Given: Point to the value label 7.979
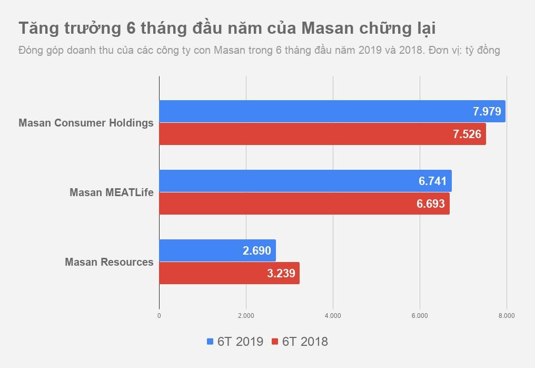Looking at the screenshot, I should [487, 111].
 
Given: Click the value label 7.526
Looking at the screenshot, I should [467, 134].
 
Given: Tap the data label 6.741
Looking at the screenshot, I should [433, 181].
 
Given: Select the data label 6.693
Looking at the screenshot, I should [431, 204].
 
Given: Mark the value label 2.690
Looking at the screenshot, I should [257, 250].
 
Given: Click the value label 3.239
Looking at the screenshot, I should [281, 273].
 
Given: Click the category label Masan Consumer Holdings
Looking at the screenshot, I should [86, 123].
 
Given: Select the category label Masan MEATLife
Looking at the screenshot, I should [112, 192].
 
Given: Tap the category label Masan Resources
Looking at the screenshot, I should [109, 262].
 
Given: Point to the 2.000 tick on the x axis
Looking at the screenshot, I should [246, 316].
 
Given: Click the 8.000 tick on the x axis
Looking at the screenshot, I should [507, 316].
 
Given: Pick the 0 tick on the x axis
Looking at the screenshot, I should [159, 316].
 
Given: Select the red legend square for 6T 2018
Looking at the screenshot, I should [275, 342].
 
